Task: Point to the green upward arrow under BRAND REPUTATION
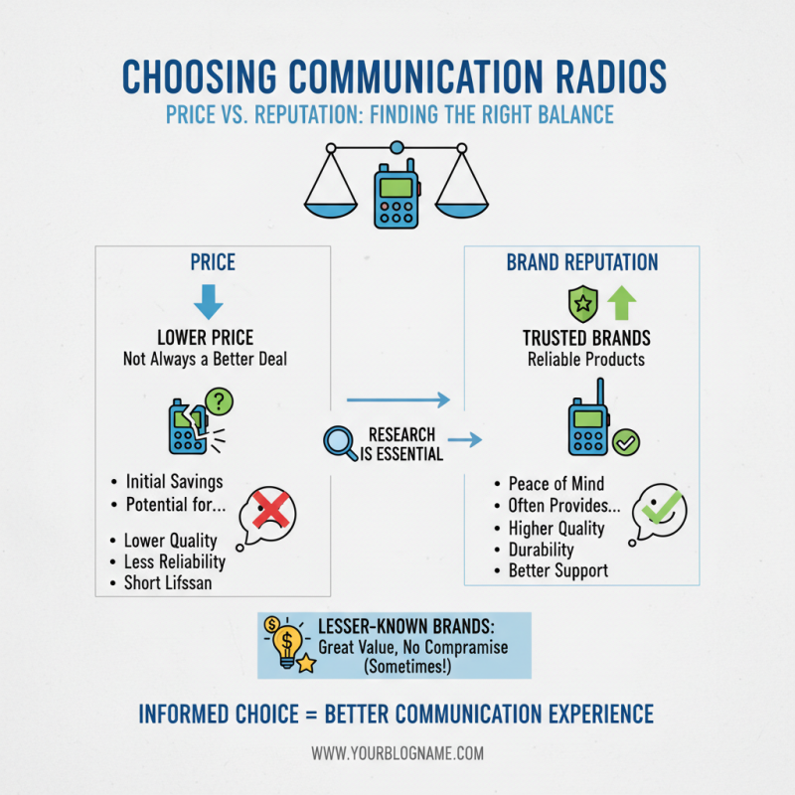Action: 621,302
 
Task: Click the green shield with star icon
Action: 581,303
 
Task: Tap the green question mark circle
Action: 219,401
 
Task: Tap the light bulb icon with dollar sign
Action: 286,643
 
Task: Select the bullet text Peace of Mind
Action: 556,484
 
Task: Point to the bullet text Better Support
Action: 557,570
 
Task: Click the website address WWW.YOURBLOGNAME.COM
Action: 397,753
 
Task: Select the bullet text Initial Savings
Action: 173,482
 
